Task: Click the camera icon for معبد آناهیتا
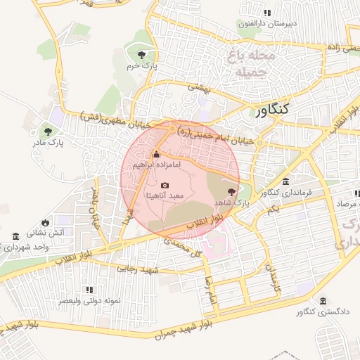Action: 165,185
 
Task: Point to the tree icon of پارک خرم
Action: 143,54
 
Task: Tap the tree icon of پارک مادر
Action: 48,131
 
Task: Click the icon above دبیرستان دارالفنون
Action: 266,13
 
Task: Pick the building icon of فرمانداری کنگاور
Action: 285,181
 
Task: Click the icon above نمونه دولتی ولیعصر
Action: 89,290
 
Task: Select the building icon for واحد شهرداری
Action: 16,236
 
